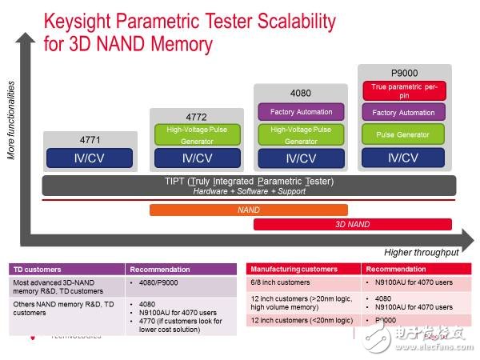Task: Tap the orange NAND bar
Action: (248, 210)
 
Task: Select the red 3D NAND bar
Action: (352, 224)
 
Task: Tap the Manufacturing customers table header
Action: (293, 270)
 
